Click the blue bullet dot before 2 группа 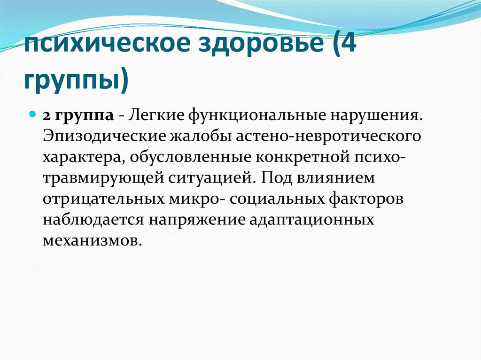[33, 115]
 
